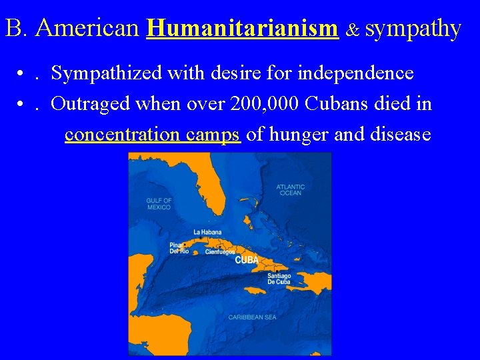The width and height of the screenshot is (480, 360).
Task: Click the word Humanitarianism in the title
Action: pyautogui.click(x=242, y=28)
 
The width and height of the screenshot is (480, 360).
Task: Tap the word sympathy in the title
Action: pyautogui.click(x=413, y=29)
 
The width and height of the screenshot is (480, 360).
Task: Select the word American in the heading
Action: pyautogui.click(x=88, y=28)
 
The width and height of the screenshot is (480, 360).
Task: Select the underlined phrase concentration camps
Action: pyautogui.click(x=153, y=135)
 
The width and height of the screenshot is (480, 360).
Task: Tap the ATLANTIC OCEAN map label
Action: pyautogui.click(x=291, y=190)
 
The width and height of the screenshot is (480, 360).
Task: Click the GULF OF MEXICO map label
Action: pyautogui.click(x=159, y=204)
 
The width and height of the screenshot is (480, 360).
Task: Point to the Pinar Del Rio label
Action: pyautogui.click(x=179, y=248)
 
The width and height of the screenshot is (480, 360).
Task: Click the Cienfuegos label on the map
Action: pyautogui.click(x=219, y=252)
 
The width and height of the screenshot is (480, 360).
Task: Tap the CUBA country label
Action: pyautogui.click(x=246, y=260)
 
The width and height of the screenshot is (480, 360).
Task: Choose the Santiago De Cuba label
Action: pyautogui.click(x=279, y=279)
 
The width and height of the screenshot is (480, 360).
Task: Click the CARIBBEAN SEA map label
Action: pyautogui.click(x=252, y=317)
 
